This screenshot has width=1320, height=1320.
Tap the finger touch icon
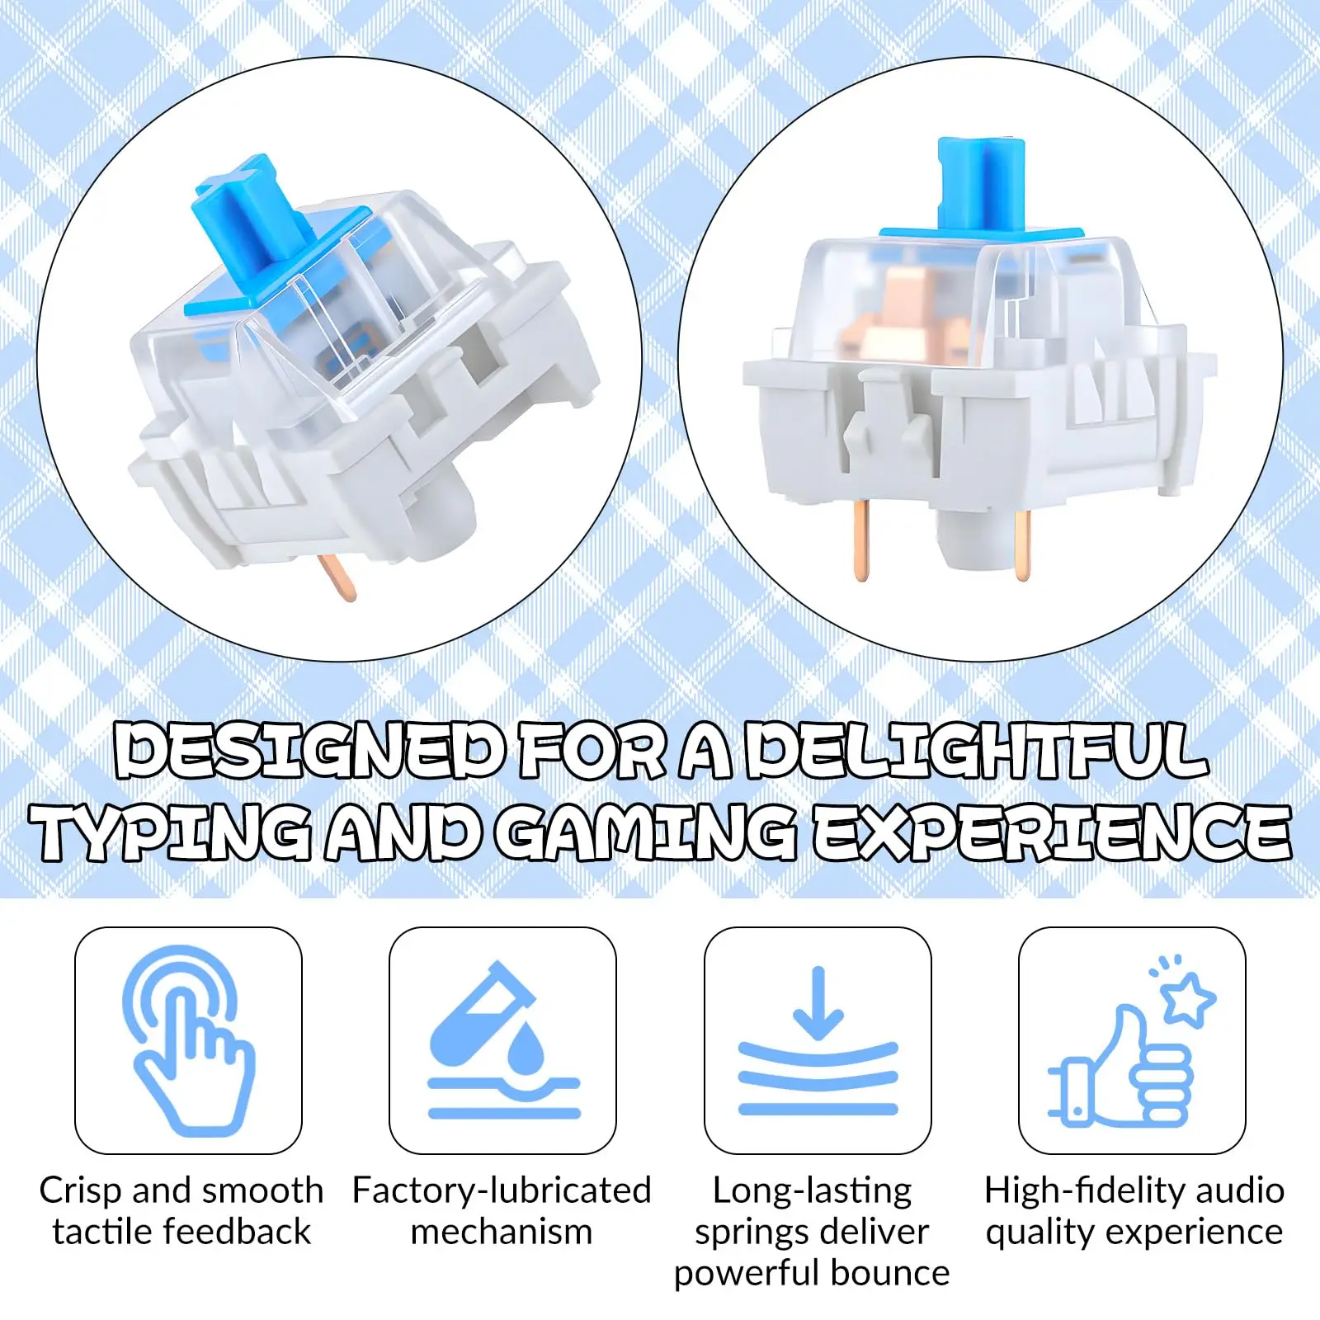[x=188, y=1039]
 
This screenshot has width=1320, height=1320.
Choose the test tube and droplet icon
[x=503, y=1039]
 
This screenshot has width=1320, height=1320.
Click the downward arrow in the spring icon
[x=818, y=1002]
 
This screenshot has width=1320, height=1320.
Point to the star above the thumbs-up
[x=1189, y=999]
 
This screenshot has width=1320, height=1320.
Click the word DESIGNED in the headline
[x=309, y=751]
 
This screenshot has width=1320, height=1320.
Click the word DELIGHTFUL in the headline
[x=977, y=751]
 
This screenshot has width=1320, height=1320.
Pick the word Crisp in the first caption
[x=81, y=1190]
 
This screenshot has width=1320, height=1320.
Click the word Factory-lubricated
[x=502, y=1190]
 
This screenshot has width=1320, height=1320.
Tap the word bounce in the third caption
[x=890, y=1273]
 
